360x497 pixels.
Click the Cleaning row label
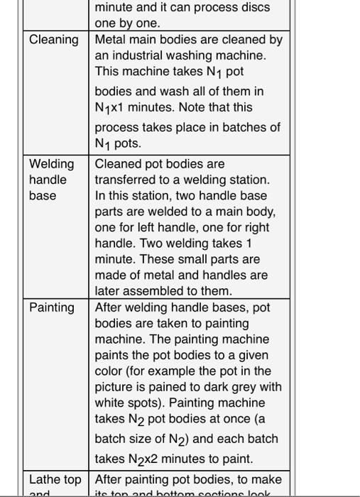point(53,40)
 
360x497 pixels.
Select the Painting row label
point(51,307)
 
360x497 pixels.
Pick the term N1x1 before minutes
point(114,108)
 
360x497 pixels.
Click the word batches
point(242,127)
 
